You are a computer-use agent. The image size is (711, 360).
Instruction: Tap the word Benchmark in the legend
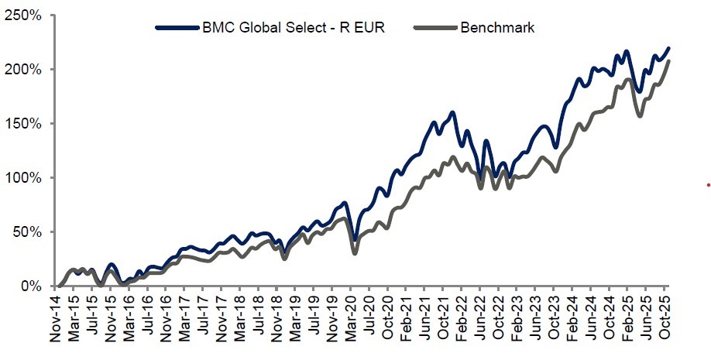tap(497, 28)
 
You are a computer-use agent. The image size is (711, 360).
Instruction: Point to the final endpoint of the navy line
tap(668, 48)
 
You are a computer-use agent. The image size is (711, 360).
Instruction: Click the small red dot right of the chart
tap(708, 184)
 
